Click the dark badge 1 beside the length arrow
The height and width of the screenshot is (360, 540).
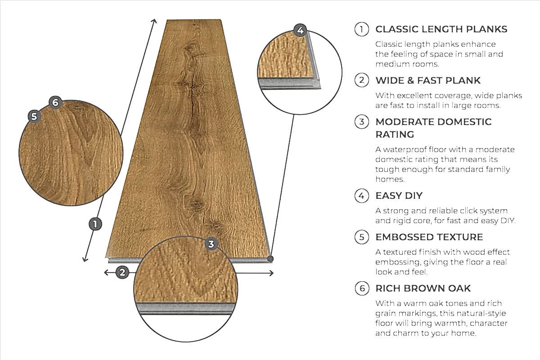pyautogui.click(x=95, y=224)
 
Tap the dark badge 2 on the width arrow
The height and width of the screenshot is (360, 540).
pyautogui.click(x=122, y=272)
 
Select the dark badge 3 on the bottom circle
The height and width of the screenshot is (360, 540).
pyautogui.click(x=211, y=244)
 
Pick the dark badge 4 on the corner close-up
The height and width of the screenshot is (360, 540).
pyautogui.click(x=301, y=31)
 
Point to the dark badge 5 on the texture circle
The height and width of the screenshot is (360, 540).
pyautogui.click(x=34, y=116)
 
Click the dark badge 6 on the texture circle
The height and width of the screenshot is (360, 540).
pyautogui.click(x=55, y=103)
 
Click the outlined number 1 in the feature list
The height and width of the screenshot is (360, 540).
pyautogui.click(x=361, y=29)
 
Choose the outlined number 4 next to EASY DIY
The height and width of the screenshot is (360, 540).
pyautogui.click(x=361, y=196)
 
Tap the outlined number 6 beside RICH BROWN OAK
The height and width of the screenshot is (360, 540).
pyautogui.click(x=361, y=288)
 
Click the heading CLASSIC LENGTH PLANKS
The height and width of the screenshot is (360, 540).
pyautogui.click(x=441, y=29)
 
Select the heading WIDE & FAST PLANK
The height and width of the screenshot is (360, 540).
pyautogui.click(x=428, y=81)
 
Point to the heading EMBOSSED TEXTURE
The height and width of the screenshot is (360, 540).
pyautogui.click(x=429, y=237)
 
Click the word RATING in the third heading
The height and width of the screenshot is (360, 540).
pyautogui.click(x=395, y=135)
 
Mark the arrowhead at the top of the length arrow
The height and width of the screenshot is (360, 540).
pyautogui.click(x=154, y=21)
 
